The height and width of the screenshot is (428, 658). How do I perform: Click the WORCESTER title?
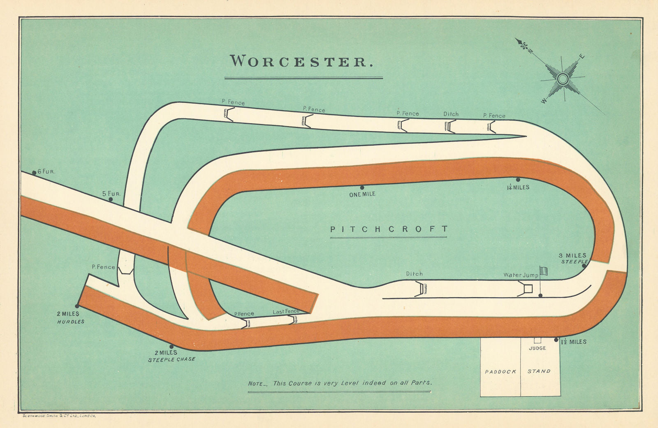tap(302, 61)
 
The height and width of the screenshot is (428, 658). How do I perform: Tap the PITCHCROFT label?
tap(389, 229)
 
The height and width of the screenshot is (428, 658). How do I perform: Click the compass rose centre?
tap(563, 78)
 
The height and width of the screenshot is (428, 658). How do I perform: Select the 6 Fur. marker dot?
tap(34, 173)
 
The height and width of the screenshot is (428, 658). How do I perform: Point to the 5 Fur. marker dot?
tap(111, 199)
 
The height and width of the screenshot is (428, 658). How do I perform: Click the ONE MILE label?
tap(362, 194)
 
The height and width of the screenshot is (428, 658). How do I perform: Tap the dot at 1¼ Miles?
tap(518, 180)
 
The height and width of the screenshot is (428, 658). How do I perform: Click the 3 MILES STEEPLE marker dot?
tap(584, 266)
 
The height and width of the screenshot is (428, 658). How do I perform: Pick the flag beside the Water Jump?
tap(544, 271)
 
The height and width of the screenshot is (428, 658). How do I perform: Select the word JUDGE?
tap(538, 348)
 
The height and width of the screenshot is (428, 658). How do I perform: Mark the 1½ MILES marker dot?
tap(556, 340)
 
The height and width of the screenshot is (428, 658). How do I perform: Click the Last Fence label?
tap(286, 312)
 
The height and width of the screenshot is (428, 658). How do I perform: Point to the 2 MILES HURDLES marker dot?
tap(77, 306)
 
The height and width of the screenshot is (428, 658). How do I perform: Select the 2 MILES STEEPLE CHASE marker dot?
tap(171, 347)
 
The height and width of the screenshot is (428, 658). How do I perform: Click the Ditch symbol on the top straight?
tap(450, 126)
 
